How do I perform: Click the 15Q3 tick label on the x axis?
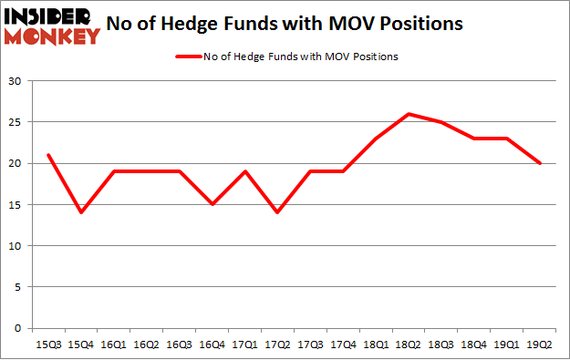pyautogui.click(x=47, y=345)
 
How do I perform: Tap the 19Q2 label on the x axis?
pyautogui.click(x=541, y=345)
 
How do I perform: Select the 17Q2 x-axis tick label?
pyautogui.click(x=277, y=345)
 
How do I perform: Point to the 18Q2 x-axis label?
pyautogui.click(x=409, y=345)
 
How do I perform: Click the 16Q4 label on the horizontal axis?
pyautogui.click(x=212, y=345)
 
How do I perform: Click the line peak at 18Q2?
pyautogui.click(x=409, y=114)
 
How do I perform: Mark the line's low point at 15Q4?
pyautogui.click(x=80, y=212)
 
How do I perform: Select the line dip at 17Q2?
pyautogui.click(x=277, y=212)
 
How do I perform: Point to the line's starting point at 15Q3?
pyautogui.click(x=47, y=155)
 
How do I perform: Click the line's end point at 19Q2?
pyautogui.click(x=541, y=163)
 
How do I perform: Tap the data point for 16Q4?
pyautogui.click(x=212, y=204)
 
